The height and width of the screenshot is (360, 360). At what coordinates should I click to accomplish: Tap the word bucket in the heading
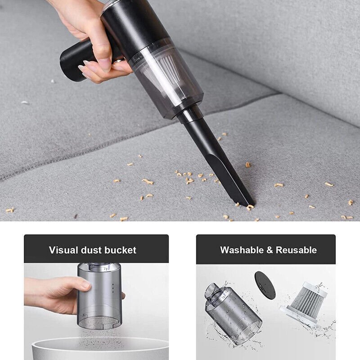coord(120,250)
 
